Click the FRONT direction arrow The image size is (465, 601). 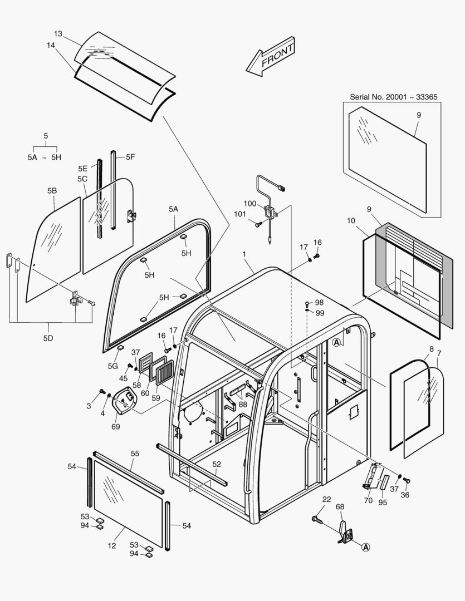(x=271, y=56)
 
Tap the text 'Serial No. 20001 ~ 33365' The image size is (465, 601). (x=393, y=97)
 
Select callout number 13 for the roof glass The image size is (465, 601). (x=58, y=33)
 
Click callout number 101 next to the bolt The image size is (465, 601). (x=239, y=214)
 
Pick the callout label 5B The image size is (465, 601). (x=52, y=190)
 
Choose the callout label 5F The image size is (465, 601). (x=130, y=157)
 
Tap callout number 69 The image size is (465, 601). (x=115, y=426)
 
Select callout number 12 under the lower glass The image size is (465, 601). (x=112, y=545)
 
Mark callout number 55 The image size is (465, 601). (x=135, y=454)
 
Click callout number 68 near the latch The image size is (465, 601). (x=340, y=506)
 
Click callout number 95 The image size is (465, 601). (x=383, y=503)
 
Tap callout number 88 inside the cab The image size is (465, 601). (x=243, y=404)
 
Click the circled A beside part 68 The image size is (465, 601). (x=366, y=547)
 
